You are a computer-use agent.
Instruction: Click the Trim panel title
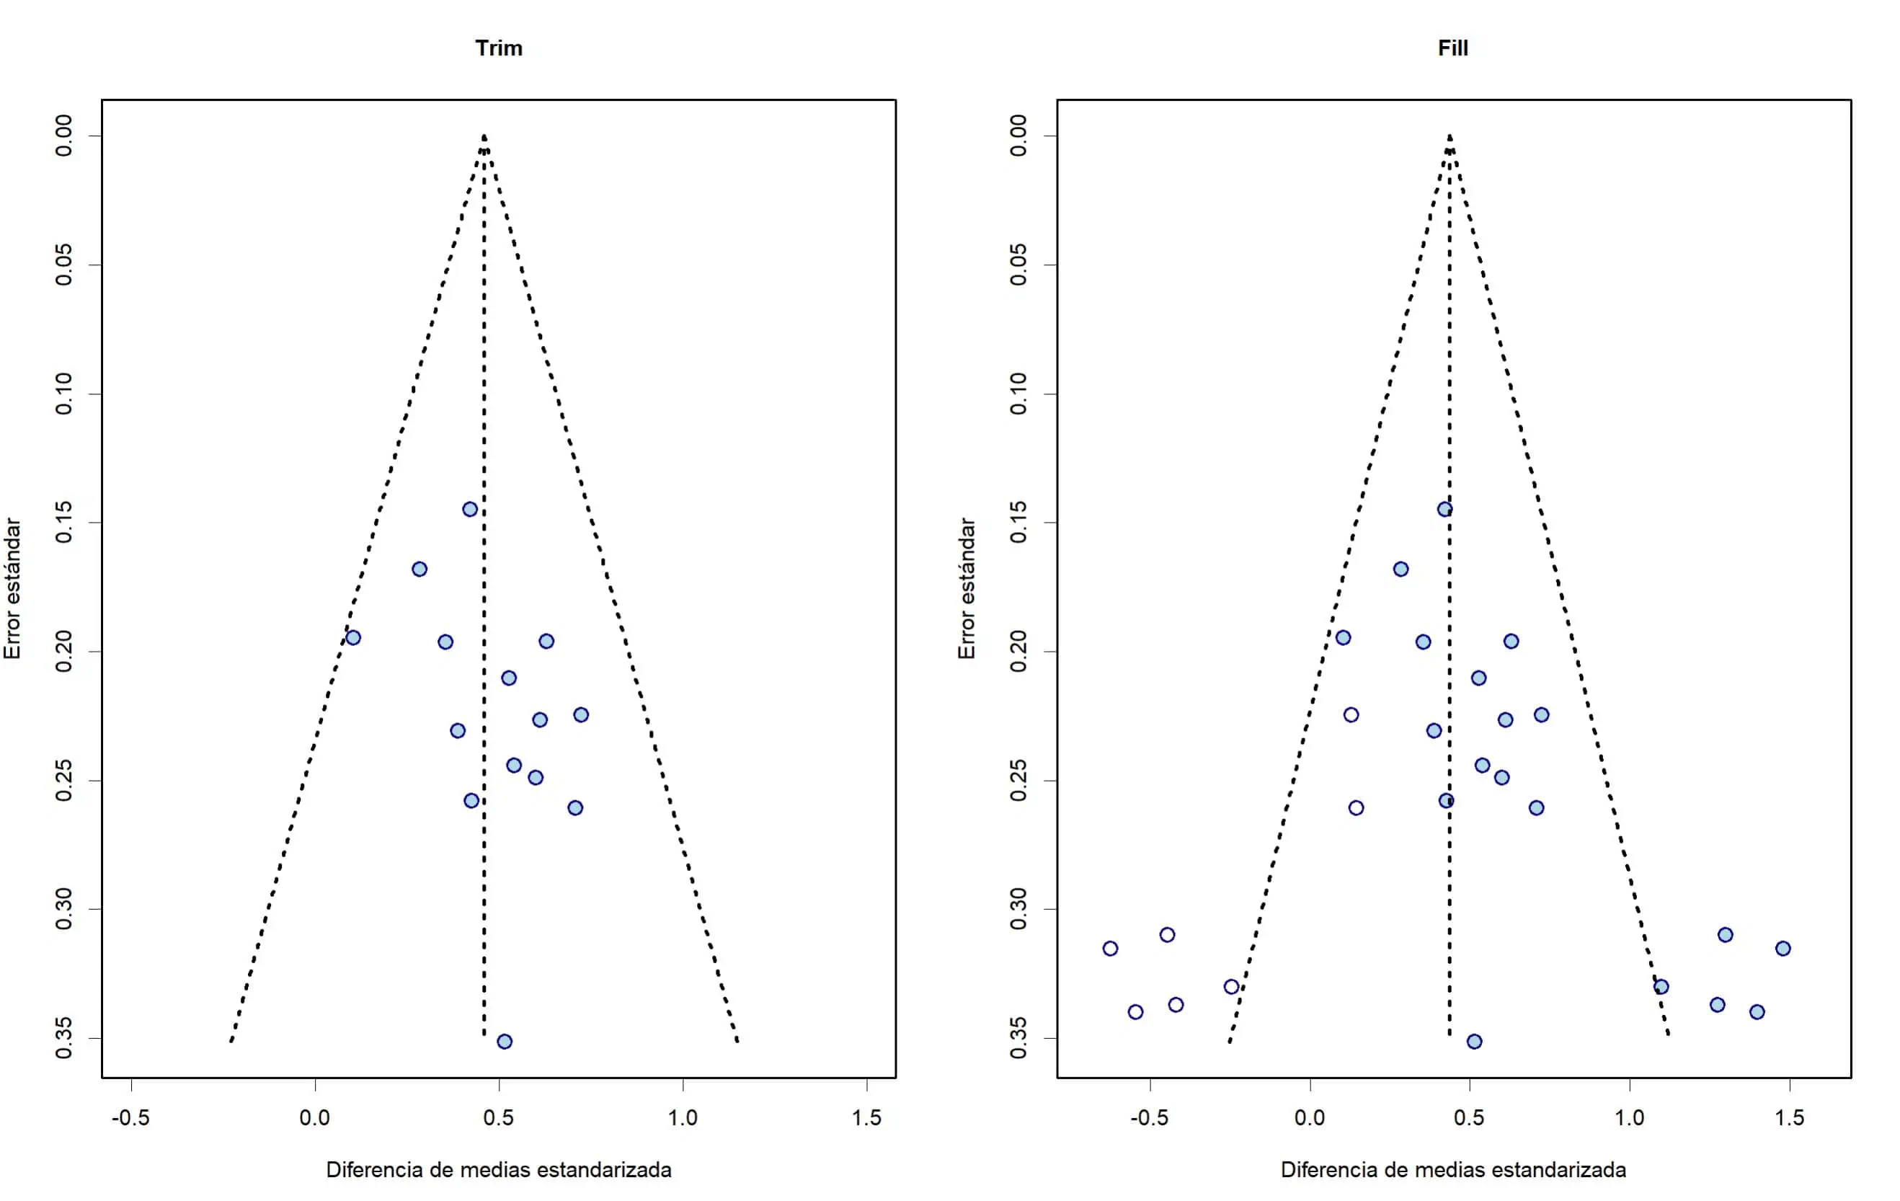[x=499, y=48]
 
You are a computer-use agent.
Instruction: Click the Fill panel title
[x=1452, y=48]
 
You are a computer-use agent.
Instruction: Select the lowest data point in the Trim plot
[x=505, y=1042]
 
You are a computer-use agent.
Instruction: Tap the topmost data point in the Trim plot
[x=470, y=509]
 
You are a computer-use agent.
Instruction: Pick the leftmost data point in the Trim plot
[x=352, y=637]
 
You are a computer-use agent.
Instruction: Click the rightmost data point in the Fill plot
[x=1783, y=949]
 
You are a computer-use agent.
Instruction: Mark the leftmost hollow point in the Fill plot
[x=1110, y=949]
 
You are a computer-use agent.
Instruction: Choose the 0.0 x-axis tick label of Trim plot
[x=315, y=1117]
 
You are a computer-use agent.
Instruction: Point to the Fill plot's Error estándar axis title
[x=967, y=588]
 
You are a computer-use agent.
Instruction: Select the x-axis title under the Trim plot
[x=499, y=1169]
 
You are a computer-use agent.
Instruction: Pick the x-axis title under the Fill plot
[x=1452, y=1169]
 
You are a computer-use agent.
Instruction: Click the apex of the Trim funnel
[x=484, y=136]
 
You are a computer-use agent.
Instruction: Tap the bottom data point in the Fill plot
[x=1474, y=1042]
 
